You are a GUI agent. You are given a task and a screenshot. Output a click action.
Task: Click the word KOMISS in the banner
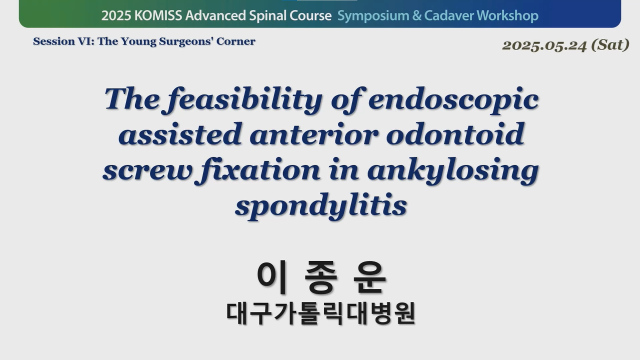158,15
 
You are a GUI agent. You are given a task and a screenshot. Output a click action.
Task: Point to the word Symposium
373,16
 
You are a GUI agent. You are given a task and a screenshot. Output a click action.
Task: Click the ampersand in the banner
416,15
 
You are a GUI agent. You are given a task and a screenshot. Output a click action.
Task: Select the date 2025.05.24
544,45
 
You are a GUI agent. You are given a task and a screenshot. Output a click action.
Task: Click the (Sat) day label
610,45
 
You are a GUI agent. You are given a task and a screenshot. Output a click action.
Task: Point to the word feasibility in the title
244,100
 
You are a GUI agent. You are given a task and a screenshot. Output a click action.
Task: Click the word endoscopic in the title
453,100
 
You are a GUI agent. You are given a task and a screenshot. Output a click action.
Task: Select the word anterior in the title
313,135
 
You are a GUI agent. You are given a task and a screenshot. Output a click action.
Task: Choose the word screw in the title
146,170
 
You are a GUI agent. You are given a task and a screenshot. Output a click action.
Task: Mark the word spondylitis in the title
321,205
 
